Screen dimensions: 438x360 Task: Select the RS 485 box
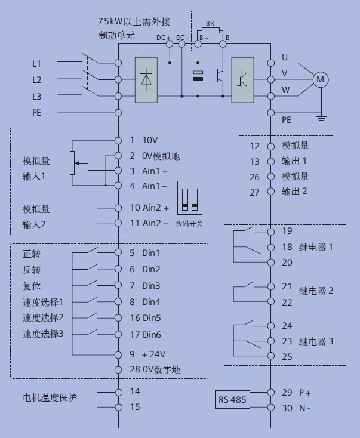[232, 399]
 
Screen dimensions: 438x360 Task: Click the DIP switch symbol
[189, 199]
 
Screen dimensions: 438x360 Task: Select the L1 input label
[37, 63]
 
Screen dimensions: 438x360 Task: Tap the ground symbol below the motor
[321, 117]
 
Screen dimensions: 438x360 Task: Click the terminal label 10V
[150, 141]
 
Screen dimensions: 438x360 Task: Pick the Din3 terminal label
[150, 285]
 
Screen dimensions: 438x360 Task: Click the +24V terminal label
[153, 354]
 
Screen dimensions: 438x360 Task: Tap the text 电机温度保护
[50, 397]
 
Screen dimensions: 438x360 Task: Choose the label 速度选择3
[43, 333]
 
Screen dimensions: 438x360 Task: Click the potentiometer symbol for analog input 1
[72, 162]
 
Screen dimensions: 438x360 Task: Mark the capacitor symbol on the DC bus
[198, 76]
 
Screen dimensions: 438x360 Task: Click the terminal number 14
[135, 391]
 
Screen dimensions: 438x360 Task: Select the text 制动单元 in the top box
[117, 36]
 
